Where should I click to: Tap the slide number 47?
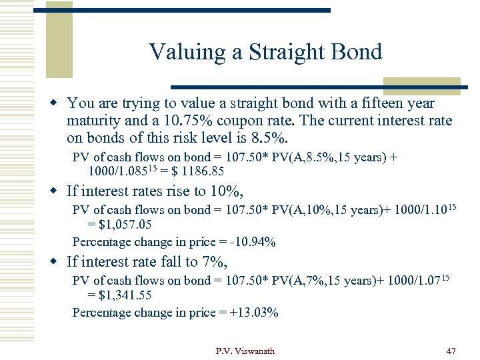point(451,351)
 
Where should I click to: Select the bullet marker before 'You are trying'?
point(57,103)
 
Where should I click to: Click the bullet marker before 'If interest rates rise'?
point(57,192)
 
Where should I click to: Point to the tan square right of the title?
point(421,85)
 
